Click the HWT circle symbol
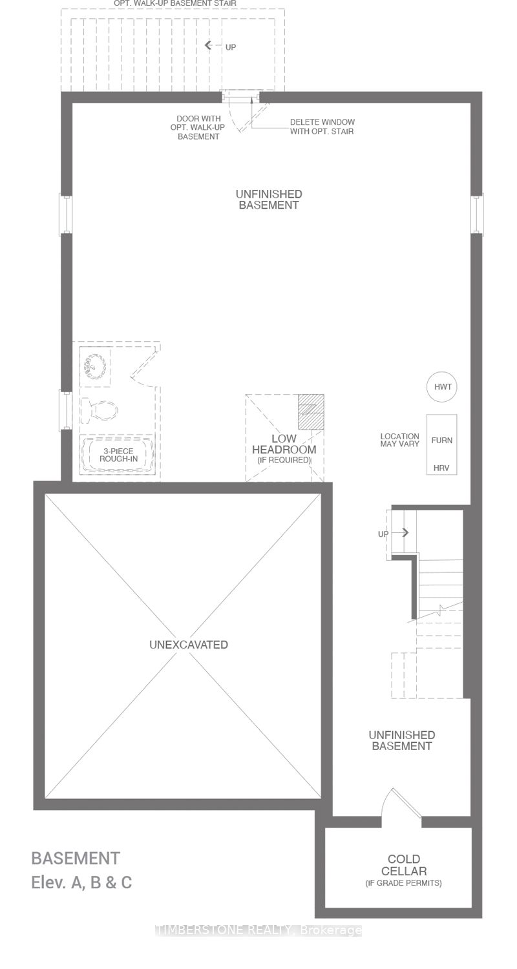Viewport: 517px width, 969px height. (x=442, y=387)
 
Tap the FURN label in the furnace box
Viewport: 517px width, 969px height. (x=442, y=441)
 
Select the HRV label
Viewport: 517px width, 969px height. (x=442, y=467)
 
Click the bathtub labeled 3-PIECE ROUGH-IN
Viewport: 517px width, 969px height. (x=118, y=454)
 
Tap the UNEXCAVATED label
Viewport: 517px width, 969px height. (x=188, y=645)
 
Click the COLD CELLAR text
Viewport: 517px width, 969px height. (x=404, y=865)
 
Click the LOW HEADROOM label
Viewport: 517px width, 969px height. (x=284, y=444)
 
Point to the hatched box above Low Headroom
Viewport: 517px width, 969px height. (x=310, y=412)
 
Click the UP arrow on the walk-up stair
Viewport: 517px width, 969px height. (x=209, y=45)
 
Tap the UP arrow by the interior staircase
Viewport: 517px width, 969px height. (x=405, y=533)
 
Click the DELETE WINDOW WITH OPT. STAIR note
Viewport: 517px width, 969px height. (x=322, y=127)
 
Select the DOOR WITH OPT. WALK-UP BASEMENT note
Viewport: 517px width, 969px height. (x=198, y=127)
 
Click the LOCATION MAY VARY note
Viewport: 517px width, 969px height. (x=399, y=441)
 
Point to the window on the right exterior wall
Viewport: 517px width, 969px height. (x=477, y=214)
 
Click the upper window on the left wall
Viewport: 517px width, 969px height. (x=66, y=214)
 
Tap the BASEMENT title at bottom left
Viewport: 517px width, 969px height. (x=76, y=859)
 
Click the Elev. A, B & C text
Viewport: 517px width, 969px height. (x=81, y=882)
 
